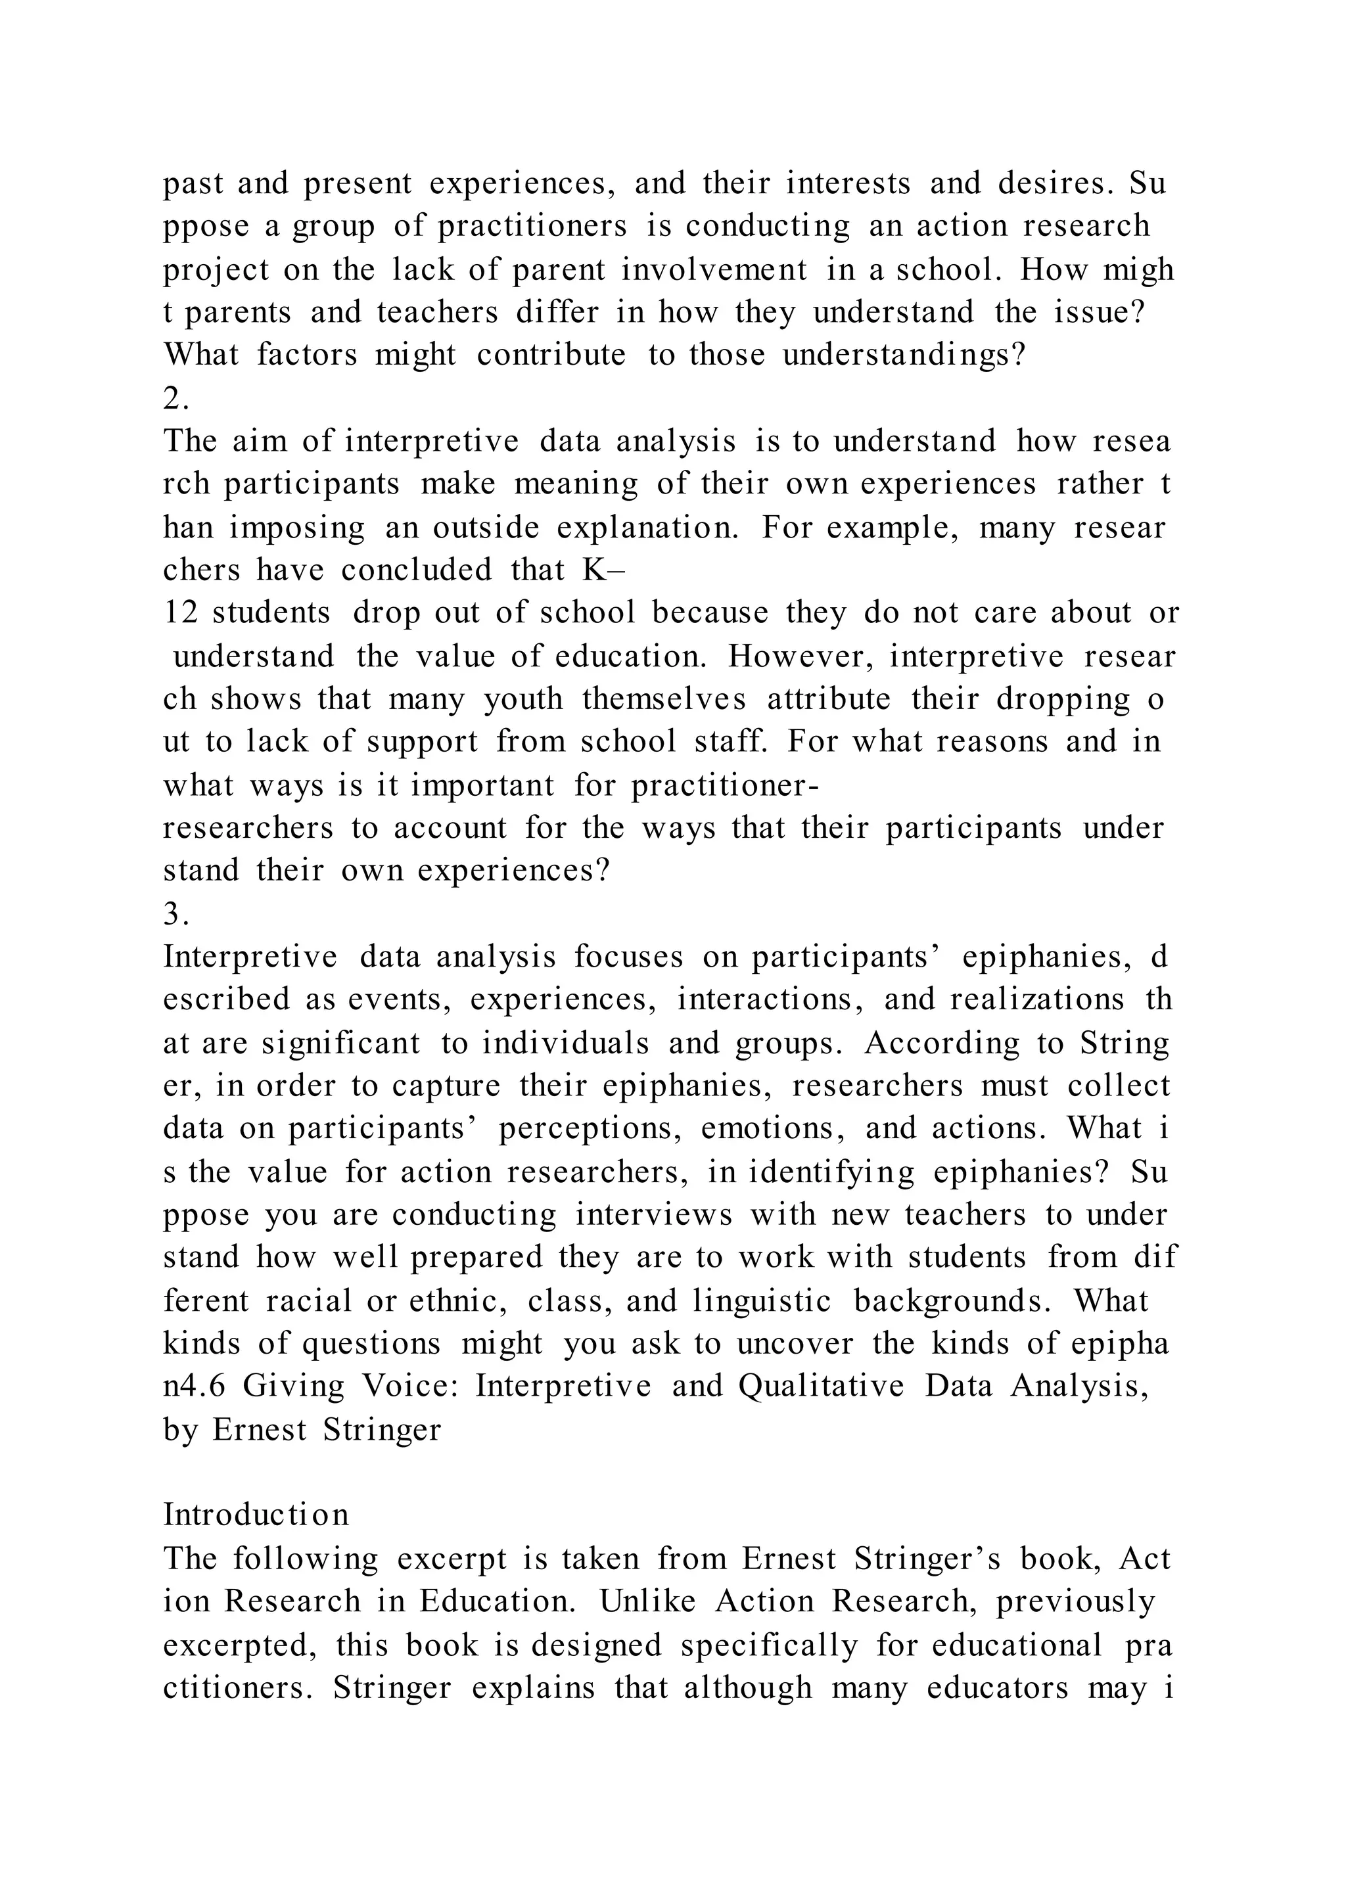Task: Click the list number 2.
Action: [175, 399]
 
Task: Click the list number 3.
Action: [175, 914]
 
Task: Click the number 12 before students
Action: [177, 613]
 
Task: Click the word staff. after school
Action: [730, 742]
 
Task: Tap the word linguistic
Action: [762, 1301]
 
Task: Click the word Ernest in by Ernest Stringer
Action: [258, 1430]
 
